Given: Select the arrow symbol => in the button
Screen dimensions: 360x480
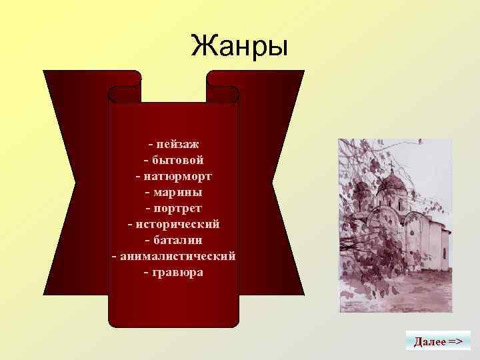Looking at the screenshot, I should click(x=456, y=342).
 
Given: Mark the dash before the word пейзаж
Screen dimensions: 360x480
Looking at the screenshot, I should click(x=151, y=144).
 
